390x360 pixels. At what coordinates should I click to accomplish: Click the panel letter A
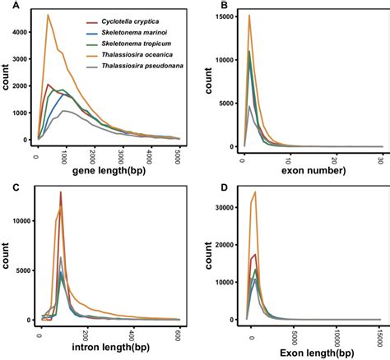tap(8, 6)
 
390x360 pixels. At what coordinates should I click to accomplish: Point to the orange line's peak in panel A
tap(48, 15)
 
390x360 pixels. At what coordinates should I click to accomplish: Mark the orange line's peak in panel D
tap(256, 192)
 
